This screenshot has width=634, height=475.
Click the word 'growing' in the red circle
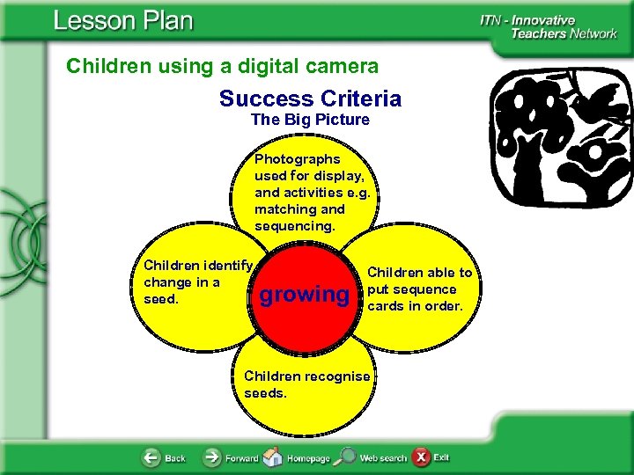tap(304, 295)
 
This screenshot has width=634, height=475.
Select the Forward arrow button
tap(213, 457)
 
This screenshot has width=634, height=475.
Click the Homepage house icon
tap(274, 457)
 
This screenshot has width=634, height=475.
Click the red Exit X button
tap(422, 457)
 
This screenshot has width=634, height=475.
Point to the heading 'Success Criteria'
tap(310, 99)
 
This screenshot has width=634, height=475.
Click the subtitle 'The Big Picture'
tap(310, 119)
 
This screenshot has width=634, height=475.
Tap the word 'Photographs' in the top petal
tap(297, 159)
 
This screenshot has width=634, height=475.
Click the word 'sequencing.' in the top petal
tap(294, 226)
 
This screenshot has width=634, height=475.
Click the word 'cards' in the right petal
tap(389, 306)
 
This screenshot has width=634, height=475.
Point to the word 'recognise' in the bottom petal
tap(336, 376)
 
